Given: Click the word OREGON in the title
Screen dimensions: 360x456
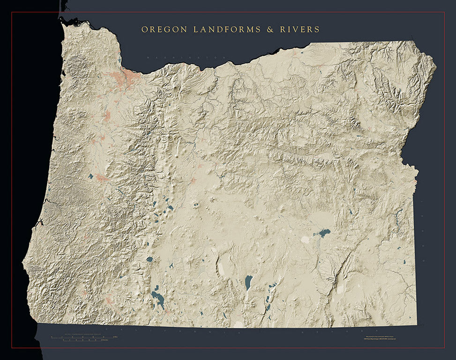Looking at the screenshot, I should point(164,30).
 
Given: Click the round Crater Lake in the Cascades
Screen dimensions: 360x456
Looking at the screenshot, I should point(150,259).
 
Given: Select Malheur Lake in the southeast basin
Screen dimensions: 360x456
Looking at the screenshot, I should point(322,232).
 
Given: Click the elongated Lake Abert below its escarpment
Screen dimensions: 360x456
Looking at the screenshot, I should point(248,282).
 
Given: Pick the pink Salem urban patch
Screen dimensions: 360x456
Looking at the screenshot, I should point(107,115).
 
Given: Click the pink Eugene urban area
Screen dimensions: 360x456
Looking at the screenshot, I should point(102,178).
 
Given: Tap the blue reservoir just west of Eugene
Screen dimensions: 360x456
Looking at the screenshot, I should point(90,176).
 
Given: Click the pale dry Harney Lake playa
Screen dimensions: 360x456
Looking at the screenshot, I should point(305,240).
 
